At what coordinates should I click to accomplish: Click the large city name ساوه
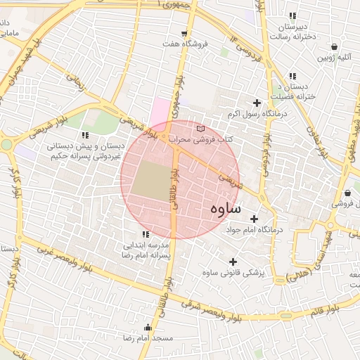(225, 210)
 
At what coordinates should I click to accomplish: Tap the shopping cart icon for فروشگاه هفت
(184, 33)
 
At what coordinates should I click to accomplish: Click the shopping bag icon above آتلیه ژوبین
(333, 47)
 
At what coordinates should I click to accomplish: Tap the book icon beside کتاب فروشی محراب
(202, 129)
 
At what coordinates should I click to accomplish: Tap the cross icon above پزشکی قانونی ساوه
(233, 262)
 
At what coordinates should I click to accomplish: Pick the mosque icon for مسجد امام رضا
(147, 328)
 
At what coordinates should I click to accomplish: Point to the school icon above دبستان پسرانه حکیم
(85, 135)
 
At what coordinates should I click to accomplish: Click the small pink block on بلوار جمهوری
(161, 111)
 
